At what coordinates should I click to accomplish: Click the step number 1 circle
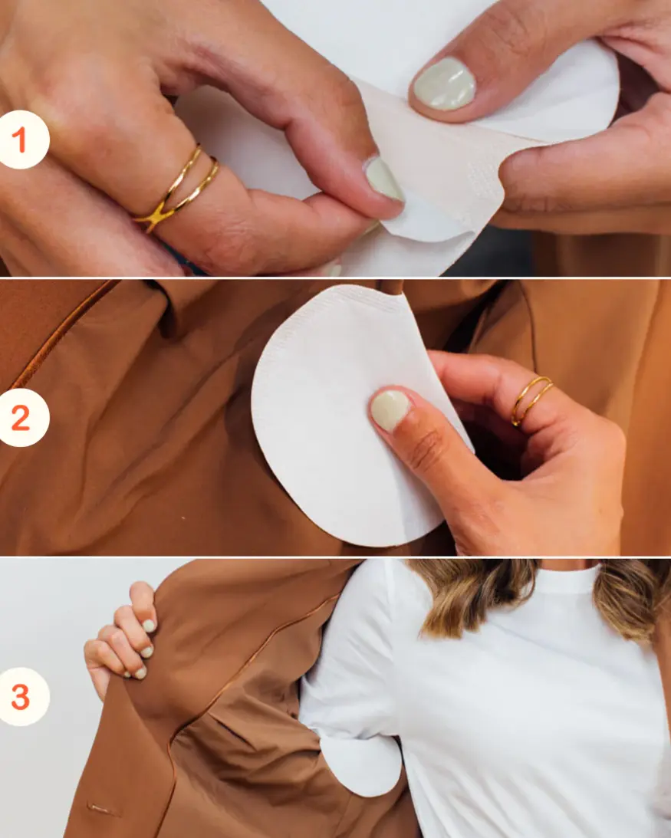coord(24,140)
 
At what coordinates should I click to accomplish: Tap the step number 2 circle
coord(24,419)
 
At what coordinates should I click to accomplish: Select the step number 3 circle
coord(24,697)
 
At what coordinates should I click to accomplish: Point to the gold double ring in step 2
coord(531,399)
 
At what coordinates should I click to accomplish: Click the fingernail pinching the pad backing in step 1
coord(383,179)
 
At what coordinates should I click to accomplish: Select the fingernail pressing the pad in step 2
coord(390,409)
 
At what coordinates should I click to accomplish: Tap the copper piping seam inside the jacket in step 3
coord(253,659)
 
